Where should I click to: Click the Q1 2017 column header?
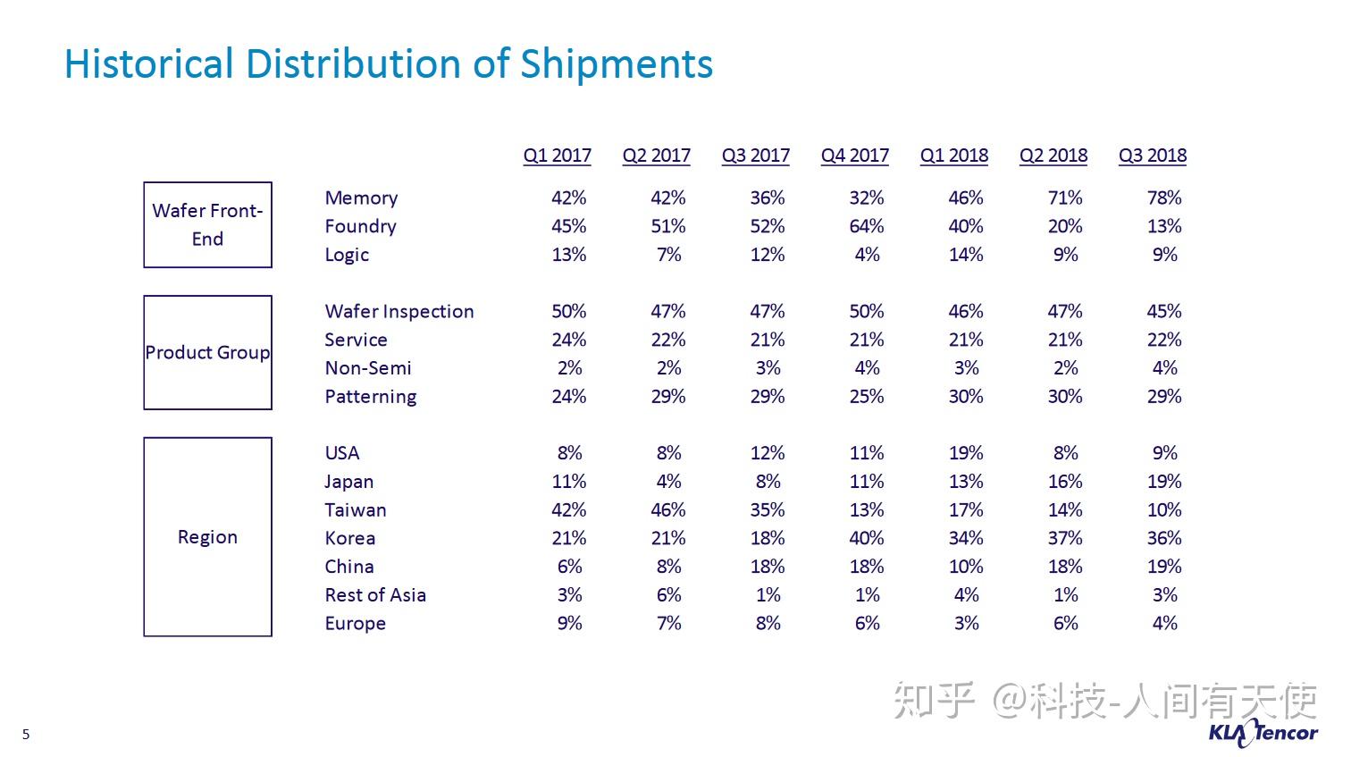[557, 156]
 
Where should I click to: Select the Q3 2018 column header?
[1153, 156]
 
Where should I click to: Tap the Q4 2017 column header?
[855, 156]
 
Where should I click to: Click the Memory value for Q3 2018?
[1164, 198]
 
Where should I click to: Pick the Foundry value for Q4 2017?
[867, 226]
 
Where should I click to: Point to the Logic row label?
[347, 255]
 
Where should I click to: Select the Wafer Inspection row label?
[399, 311]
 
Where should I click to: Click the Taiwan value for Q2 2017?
[668, 509]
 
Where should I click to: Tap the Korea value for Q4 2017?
[867, 538]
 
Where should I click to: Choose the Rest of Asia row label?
[375, 595]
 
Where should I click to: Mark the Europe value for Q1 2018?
[966, 623]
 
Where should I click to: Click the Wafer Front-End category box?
[207, 224]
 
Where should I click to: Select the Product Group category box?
[207, 352]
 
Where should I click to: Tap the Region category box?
[207, 536]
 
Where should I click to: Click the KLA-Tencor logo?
[1263, 732]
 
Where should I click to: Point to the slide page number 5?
[26, 735]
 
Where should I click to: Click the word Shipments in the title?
[617, 64]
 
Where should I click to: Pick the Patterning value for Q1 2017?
[569, 396]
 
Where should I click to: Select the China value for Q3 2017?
[768, 567]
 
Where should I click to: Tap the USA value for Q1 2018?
[966, 453]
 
